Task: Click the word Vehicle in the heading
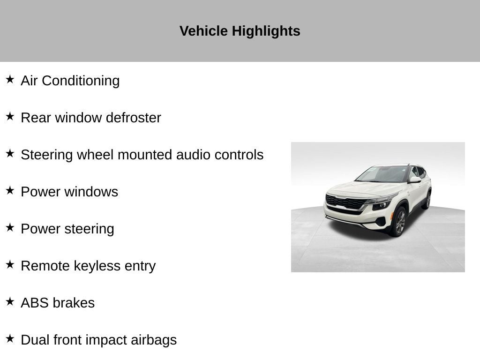point(203,31)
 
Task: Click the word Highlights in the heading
point(266,31)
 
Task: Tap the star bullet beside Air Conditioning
point(10,79)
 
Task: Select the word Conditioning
point(81,81)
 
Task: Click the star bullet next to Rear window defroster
point(10,116)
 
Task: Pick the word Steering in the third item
point(47,155)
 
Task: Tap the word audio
point(193,155)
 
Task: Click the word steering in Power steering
point(90,229)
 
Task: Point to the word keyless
point(97,266)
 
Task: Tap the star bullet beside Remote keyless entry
point(10,264)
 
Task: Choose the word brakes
point(74,303)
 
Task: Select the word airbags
point(154,340)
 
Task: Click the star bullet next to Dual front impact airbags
point(10,338)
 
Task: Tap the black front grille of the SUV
point(345,202)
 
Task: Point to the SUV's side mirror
point(415,180)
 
